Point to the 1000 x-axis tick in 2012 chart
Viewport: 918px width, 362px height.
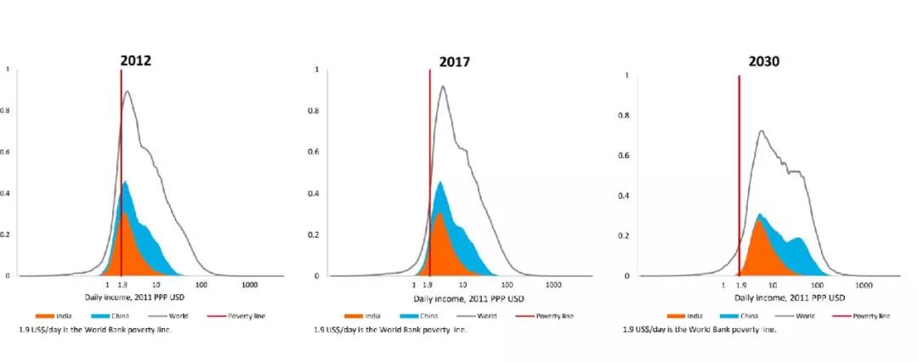pyautogui.click(x=250, y=285)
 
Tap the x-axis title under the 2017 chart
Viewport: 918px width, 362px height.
pyautogui.click(x=468, y=299)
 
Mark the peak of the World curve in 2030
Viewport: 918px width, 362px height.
pyautogui.click(x=762, y=131)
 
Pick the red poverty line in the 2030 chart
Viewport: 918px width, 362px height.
pyautogui.click(x=739, y=170)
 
